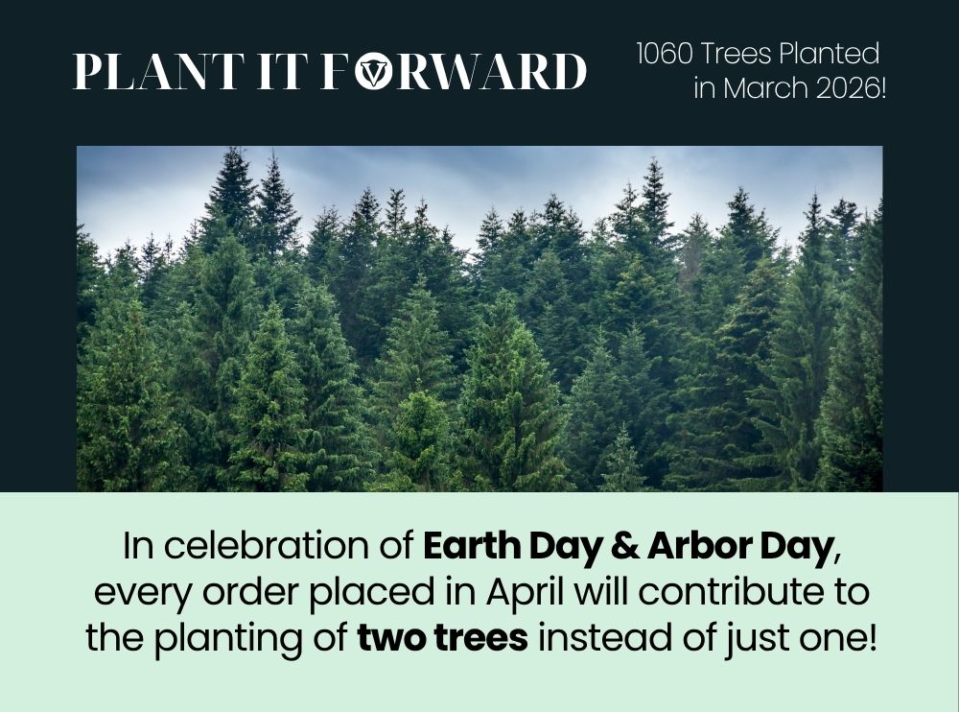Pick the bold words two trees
pyautogui.click(x=442, y=638)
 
